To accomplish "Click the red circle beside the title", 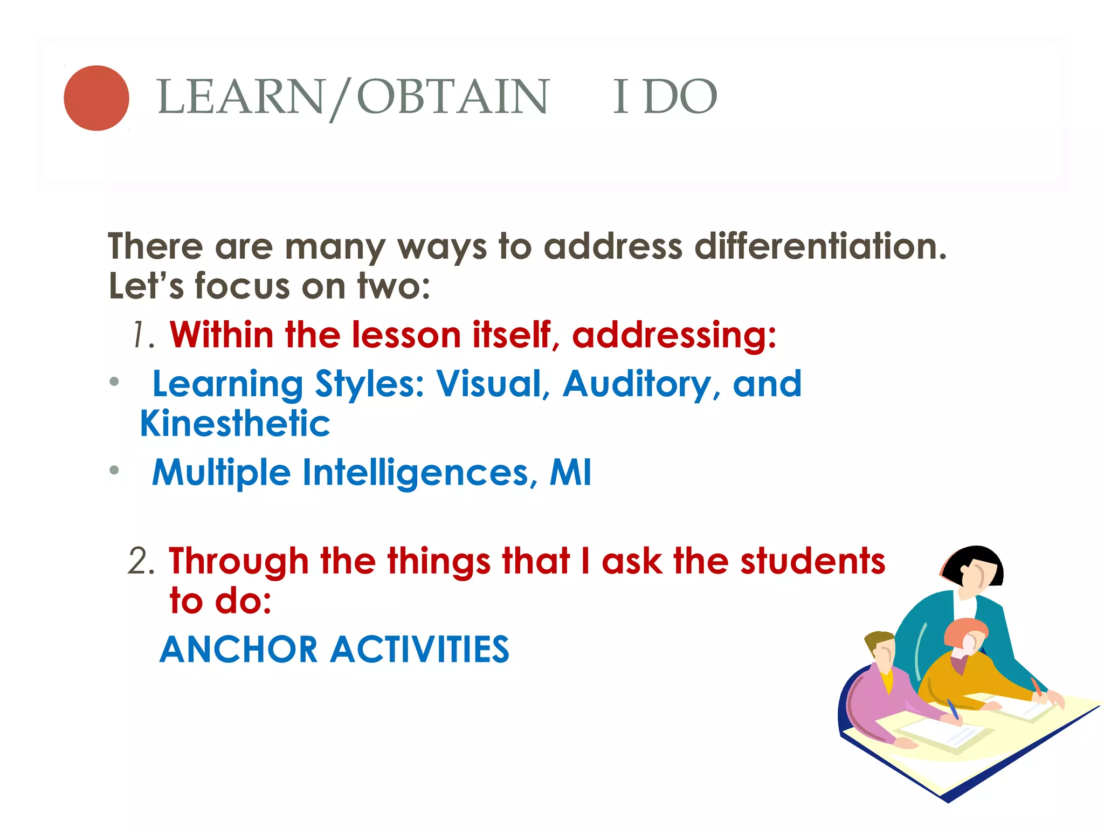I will (96, 98).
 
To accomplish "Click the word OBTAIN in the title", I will (452, 97).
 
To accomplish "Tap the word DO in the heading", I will (680, 97).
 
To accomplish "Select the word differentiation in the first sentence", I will (820, 247).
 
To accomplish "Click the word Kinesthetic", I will (235, 424).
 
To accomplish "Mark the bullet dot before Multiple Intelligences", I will (114, 470).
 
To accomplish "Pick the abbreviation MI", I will (570, 473).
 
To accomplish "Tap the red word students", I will (812, 561).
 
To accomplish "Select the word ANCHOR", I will (239, 649).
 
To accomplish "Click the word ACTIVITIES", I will (420, 649).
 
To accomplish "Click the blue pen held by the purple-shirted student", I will (953, 709).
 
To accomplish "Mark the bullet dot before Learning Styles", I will (114, 382).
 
